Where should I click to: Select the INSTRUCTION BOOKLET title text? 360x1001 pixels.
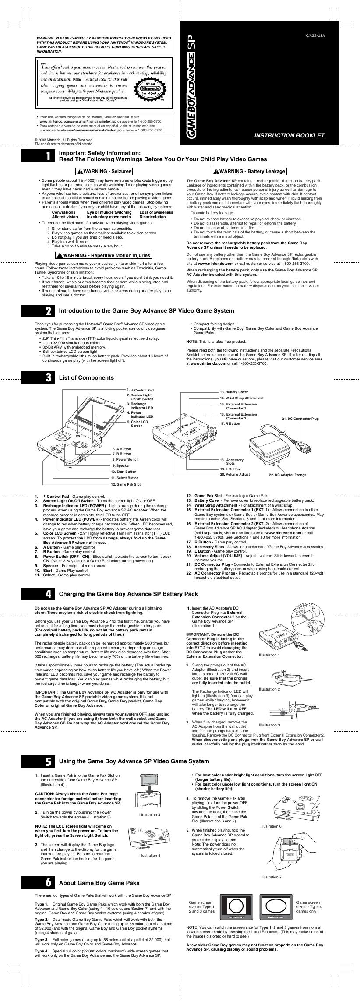tap(289, 135)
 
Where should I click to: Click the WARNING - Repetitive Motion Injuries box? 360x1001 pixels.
tap(103, 255)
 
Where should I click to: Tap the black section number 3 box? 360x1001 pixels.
tap(44, 377)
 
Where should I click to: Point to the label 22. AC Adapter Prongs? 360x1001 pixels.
tap(287, 475)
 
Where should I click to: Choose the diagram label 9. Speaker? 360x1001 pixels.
tap(120, 465)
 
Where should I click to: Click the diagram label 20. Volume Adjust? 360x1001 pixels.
tap(235, 474)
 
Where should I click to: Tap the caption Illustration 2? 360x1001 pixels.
tap(269, 689)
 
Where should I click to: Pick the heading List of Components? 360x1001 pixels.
tap(86, 377)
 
